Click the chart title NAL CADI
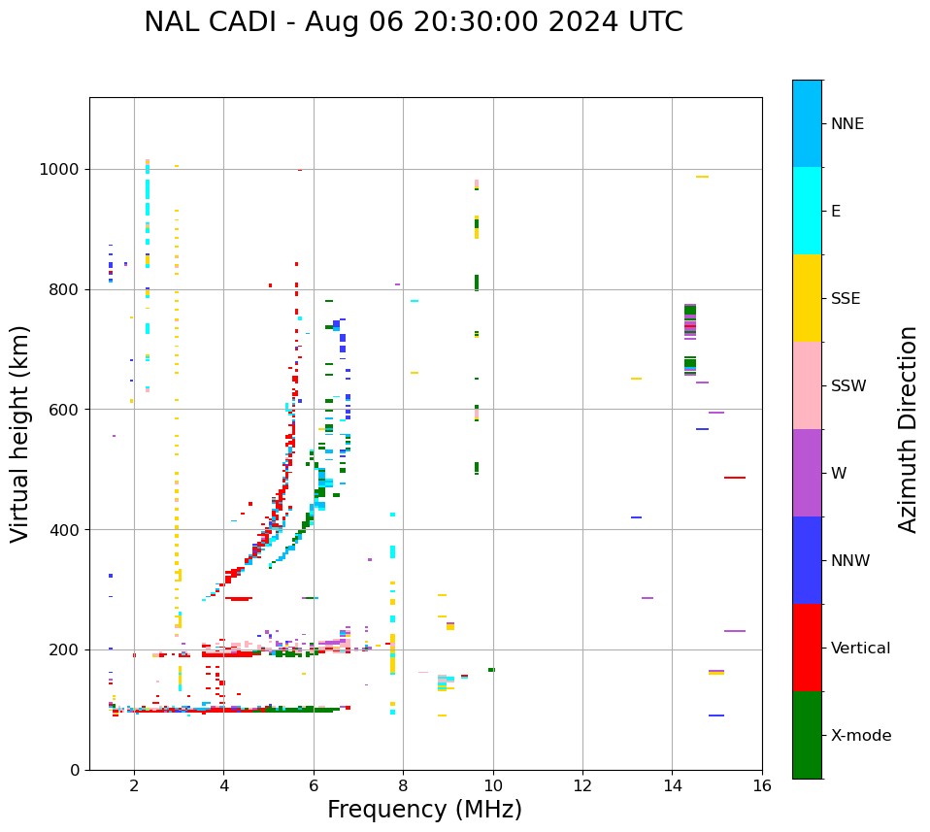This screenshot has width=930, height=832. point(218,22)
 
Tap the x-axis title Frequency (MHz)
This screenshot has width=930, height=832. point(424,810)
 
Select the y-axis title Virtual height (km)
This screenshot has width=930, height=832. point(21,434)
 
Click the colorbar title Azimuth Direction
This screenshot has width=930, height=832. point(908,429)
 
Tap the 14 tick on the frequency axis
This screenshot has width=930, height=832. point(672,785)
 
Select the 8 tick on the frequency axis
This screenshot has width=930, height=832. point(403,785)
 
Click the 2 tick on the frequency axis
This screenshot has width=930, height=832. point(134,785)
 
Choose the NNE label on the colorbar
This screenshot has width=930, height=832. point(847,124)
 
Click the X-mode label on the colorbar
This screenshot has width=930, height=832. point(860,736)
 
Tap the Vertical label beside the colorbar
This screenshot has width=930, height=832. point(860,649)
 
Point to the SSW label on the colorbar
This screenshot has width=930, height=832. point(848,386)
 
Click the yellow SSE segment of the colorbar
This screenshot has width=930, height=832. point(807,298)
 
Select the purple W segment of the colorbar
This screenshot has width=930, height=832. point(807,473)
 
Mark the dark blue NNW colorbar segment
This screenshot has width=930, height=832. point(807,560)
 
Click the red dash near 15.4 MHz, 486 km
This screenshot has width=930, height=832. point(735,478)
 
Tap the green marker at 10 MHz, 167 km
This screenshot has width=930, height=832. point(492,670)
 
